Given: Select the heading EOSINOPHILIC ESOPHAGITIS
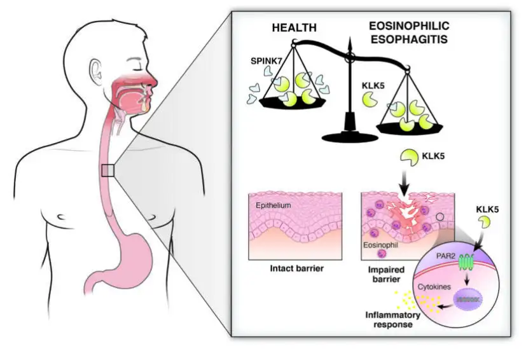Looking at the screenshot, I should [x=409, y=32].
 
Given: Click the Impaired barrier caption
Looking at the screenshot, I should [x=382, y=272].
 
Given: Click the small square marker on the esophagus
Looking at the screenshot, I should [x=107, y=170].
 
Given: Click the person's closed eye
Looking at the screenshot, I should [x=137, y=64].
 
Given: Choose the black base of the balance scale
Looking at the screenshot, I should [x=349, y=133].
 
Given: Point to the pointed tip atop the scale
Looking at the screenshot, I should [x=349, y=41].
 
